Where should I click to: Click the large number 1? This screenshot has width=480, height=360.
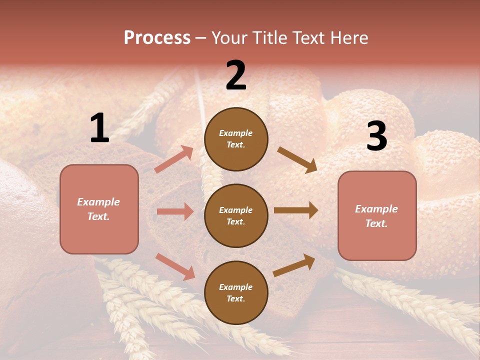pyautogui.click(x=99, y=128)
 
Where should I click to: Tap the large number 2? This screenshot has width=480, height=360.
pyautogui.click(x=236, y=76)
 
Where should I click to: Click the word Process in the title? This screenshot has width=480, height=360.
pyautogui.click(x=157, y=37)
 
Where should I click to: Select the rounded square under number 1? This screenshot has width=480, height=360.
pyautogui.click(x=99, y=209)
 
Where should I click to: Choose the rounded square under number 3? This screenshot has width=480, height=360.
pyautogui.click(x=377, y=215)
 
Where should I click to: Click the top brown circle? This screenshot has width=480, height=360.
pyautogui.click(x=236, y=139)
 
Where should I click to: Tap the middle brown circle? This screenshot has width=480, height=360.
pyautogui.click(x=236, y=215)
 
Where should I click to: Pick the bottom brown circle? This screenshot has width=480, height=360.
pyautogui.click(x=236, y=292)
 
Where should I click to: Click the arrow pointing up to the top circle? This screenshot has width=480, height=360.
pyautogui.click(x=174, y=159)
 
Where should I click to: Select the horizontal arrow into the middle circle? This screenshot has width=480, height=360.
pyautogui.click(x=175, y=211)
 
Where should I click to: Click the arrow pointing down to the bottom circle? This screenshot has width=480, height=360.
pyautogui.click(x=175, y=266)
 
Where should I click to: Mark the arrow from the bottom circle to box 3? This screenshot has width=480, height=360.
pyautogui.click(x=294, y=265)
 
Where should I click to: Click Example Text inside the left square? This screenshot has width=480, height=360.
pyautogui.click(x=98, y=209)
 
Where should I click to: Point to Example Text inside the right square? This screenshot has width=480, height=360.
pyautogui.click(x=376, y=216)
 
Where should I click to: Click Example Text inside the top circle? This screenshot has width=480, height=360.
pyautogui.click(x=236, y=139)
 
